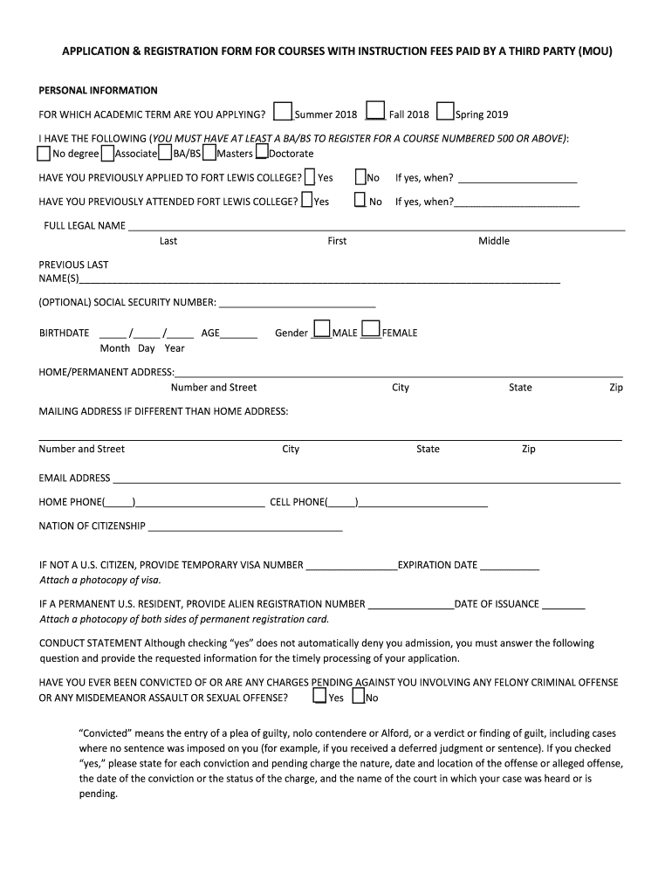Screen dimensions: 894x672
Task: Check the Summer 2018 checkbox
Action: click(x=282, y=112)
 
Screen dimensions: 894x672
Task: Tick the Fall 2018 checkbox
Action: click(x=375, y=111)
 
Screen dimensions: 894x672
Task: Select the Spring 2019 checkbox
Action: click(x=445, y=112)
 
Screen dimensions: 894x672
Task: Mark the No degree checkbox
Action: click(x=44, y=154)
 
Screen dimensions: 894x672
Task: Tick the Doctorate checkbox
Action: click(x=261, y=154)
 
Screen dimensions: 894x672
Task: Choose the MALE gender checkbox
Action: click(x=322, y=329)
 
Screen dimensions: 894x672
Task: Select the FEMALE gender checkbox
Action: click(x=371, y=329)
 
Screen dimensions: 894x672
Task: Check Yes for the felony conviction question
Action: click(x=319, y=696)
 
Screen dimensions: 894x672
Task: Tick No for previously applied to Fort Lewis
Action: click(x=360, y=177)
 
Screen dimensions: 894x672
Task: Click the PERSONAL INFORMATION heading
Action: click(x=98, y=91)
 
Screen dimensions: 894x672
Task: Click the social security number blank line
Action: click(x=297, y=306)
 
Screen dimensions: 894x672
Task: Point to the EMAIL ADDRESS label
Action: click(x=74, y=478)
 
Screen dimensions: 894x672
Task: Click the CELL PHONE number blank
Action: click(x=422, y=505)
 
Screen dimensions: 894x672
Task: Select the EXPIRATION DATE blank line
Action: click(x=510, y=567)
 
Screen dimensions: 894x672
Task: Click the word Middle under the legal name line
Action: click(x=494, y=241)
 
